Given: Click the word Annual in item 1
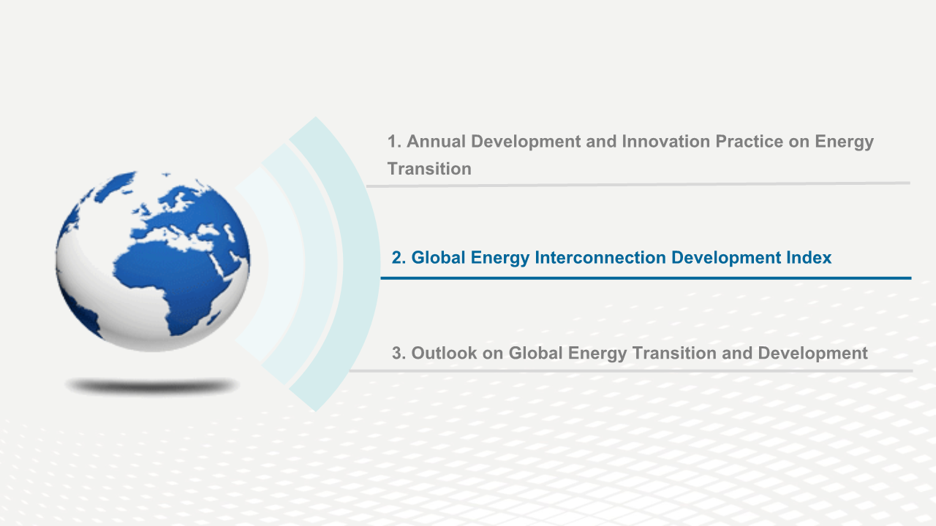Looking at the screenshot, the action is (437, 142).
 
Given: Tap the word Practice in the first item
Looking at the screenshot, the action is (750, 142).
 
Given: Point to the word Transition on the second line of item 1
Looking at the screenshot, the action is (429, 169).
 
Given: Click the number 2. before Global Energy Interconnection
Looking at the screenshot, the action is (399, 258).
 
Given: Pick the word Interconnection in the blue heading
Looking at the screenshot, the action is (600, 258).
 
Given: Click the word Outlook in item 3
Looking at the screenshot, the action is (444, 353).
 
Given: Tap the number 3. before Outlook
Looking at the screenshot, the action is (399, 353).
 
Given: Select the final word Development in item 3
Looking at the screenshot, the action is (812, 354).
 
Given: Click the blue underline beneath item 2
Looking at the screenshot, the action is (646, 278).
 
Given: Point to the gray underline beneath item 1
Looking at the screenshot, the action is (638, 185).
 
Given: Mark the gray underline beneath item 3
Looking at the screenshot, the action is (631, 370).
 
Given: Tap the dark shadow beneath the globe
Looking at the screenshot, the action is (151, 386).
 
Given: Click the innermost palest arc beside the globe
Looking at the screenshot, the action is (287, 263).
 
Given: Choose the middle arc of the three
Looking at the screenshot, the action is (321, 264).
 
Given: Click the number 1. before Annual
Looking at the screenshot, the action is (394, 142).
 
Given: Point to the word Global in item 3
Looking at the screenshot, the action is (535, 353).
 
